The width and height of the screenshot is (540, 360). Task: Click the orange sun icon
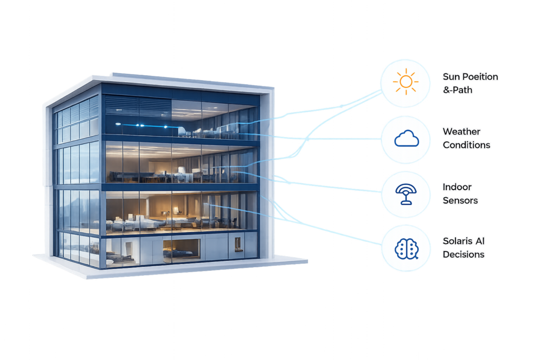[406, 82]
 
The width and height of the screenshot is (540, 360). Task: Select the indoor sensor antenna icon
[406, 194]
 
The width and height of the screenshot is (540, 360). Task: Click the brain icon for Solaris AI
[407, 248]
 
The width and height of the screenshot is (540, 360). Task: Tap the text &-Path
[458, 90]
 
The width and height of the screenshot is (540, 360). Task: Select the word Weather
[461, 131]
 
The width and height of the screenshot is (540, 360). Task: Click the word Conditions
[467, 145]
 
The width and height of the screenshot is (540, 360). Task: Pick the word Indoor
[457, 187]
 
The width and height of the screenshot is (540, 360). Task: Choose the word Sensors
[460, 200]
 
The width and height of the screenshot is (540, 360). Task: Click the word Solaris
[458, 241]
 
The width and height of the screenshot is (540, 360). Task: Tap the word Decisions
[464, 255]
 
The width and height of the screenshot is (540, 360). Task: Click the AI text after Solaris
[480, 241]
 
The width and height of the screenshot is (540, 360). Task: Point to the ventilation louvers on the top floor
[138, 105]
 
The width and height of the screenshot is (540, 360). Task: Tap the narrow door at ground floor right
[238, 245]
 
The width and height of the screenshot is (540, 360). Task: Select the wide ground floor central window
[181, 248]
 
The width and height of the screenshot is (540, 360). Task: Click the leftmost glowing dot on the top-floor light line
[118, 124]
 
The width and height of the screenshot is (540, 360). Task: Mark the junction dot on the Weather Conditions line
[307, 139]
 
